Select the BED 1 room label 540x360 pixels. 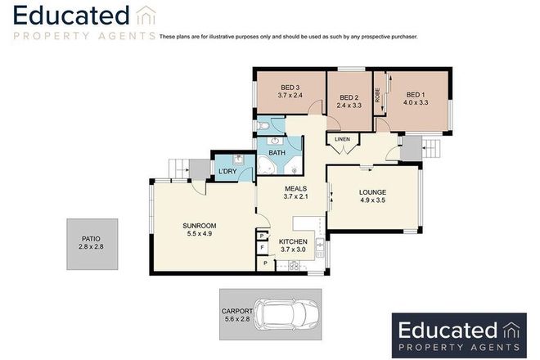(x=416, y=93)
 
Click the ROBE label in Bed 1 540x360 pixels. (x=378, y=95)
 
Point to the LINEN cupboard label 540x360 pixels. (x=342, y=140)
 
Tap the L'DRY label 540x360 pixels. (x=227, y=170)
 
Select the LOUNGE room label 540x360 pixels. (x=372, y=194)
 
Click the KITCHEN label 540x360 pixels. (x=293, y=241)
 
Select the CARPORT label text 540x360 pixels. (x=236, y=312)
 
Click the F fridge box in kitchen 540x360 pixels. (x=262, y=246)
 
